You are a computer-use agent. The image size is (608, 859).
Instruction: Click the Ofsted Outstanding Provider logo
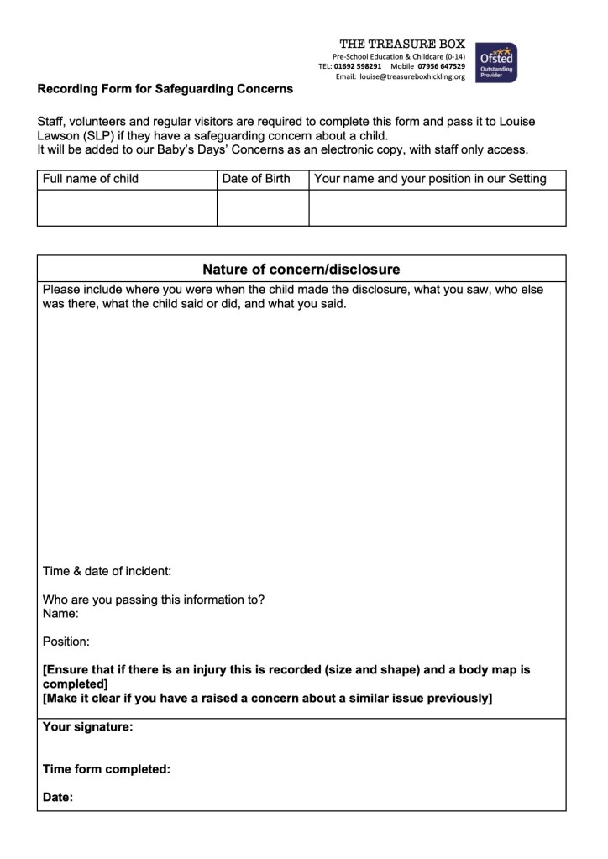(x=496, y=63)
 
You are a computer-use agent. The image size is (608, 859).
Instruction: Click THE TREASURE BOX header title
(x=401, y=44)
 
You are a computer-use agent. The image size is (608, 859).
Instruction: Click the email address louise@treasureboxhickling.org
(x=411, y=76)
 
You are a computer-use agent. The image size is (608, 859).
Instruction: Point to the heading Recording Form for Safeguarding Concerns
(x=165, y=88)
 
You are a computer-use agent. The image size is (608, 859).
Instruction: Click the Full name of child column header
(x=91, y=179)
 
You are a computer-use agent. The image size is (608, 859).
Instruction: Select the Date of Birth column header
(x=256, y=179)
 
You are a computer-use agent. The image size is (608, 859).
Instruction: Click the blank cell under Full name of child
(x=127, y=207)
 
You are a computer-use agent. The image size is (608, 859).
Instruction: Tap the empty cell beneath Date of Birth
(x=263, y=207)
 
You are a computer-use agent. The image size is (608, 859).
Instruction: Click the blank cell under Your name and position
(x=438, y=207)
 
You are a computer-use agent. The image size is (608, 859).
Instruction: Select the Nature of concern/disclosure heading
(x=301, y=270)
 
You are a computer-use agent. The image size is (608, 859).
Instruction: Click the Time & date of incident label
(x=107, y=571)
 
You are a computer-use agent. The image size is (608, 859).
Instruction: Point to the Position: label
(x=66, y=642)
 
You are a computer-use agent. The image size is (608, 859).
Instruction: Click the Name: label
(x=60, y=614)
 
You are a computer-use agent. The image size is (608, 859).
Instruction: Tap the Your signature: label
(x=87, y=727)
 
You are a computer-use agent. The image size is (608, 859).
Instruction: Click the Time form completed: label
(x=107, y=768)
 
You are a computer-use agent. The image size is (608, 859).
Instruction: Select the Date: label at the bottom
(x=58, y=798)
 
